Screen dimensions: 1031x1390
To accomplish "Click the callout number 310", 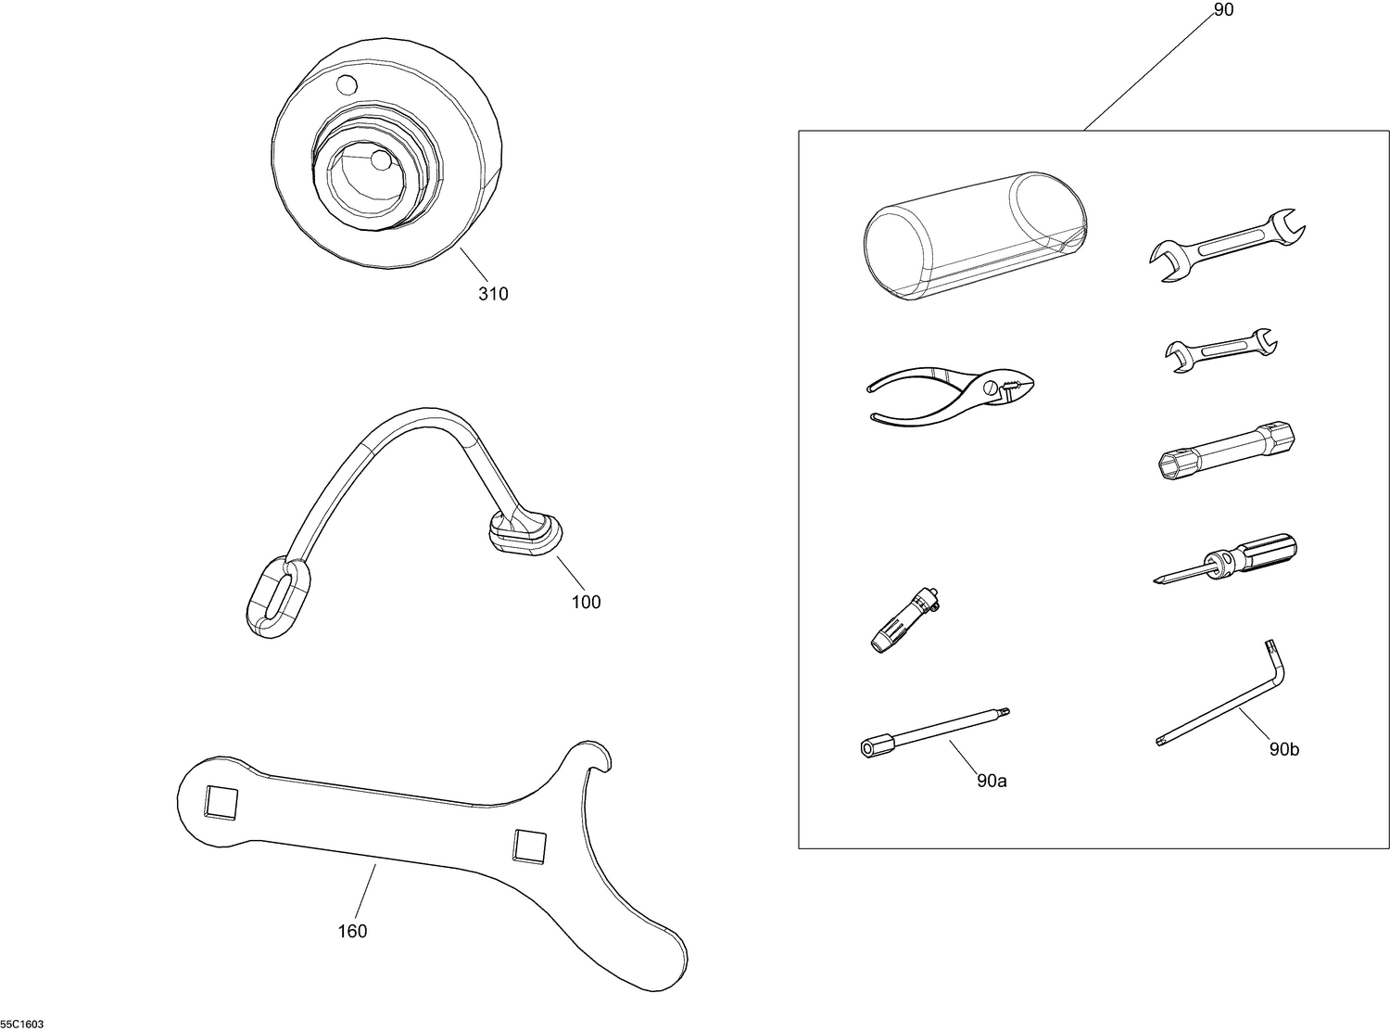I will [x=493, y=294].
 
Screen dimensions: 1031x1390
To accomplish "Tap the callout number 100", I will [x=586, y=602].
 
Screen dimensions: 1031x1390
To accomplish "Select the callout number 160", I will [x=352, y=931].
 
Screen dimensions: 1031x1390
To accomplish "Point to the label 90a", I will [x=992, y=781].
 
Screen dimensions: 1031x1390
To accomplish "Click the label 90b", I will [x=1283, y=749].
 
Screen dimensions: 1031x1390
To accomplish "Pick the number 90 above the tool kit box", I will [x=1223, y=10].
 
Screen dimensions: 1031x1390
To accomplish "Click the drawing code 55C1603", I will [x=22, y=1025].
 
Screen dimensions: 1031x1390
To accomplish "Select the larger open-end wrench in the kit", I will [x=1227, y=244].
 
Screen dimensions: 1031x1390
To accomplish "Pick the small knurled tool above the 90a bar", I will [x=905, y=618].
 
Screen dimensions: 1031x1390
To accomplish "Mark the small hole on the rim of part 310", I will [x=347, y=85].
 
